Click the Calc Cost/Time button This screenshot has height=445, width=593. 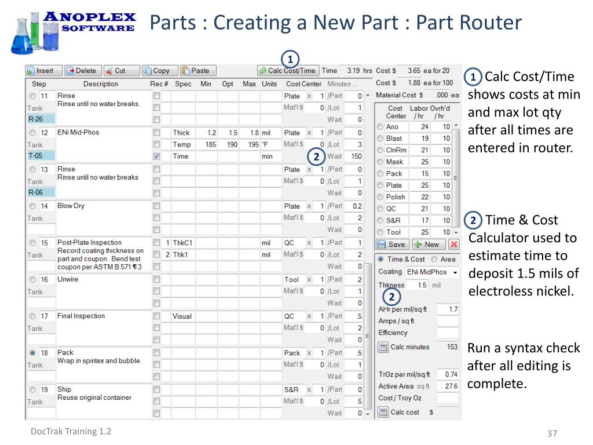(288, 71)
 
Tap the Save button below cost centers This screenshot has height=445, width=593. (391, 244)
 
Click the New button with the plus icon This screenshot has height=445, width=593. (427, 244)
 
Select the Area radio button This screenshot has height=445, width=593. (434, 259)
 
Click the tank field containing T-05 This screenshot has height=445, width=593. (41, 156)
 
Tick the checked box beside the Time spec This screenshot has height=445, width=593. (156, 156)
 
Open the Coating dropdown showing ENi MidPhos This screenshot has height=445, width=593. (433, 272)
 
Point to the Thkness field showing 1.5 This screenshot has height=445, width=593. (418, 285)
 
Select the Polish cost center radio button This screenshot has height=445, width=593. (380, 198)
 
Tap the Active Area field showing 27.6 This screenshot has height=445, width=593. (447, 386)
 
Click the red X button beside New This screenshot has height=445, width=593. (454, 244)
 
